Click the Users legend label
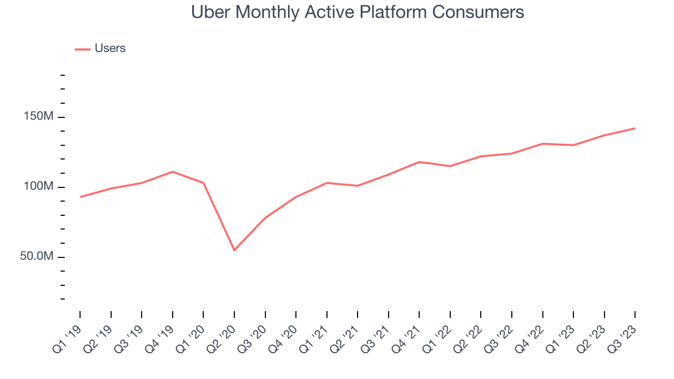click(110, 48)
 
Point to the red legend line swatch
click(83, 49)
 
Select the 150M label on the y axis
click(39, 117)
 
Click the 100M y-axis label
click(39, 187)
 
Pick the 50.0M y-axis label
click(37, 257)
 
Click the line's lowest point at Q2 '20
click(234, 250)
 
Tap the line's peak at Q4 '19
click(173, 172)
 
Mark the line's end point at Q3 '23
click(635, 128)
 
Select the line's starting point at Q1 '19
click(80, 197)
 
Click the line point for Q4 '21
click(419, 162)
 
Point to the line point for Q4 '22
click(542, 144)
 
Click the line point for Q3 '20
click(265, 218)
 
